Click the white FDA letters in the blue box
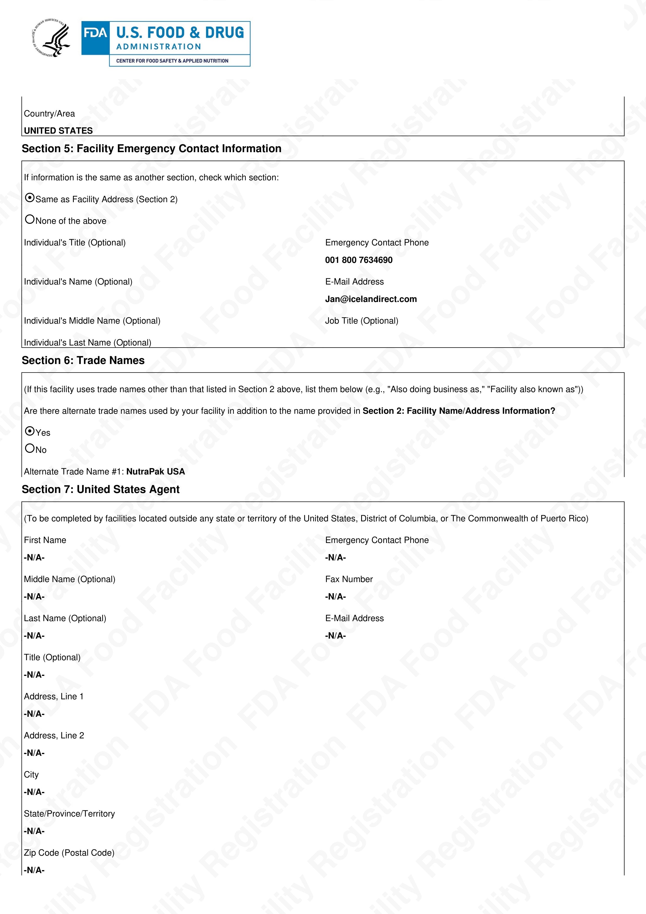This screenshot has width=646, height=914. (x=95, y=33)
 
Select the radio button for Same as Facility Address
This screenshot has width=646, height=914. (x=30, y=198)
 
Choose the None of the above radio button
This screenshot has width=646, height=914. (x=30, y=219)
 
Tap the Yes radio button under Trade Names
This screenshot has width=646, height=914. (x=30, y=431)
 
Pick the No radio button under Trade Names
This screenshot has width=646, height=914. (x=30, y=448)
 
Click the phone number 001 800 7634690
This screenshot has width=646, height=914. (x=359, y=260)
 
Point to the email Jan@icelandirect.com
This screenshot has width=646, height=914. (x=371, y=299)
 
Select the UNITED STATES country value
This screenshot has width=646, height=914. (x=58, y=131)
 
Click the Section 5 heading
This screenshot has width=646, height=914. (x=151, y=149)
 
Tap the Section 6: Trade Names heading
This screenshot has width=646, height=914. (x=83, y=360)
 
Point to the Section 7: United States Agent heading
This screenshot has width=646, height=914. (x=100, y=489)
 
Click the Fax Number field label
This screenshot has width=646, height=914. (x=349, y=579)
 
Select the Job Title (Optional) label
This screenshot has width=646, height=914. (x=361, y=321)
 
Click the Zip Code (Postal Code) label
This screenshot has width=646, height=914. (x=69, y=853)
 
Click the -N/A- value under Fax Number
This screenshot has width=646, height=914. (x=336, y=596)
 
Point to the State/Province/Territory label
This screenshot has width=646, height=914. (x=69, y=814)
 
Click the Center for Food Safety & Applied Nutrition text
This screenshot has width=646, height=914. (x=172, y=61)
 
